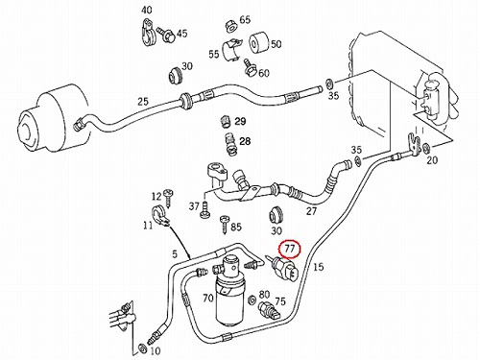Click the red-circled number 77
tap(289, 250)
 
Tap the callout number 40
tap(147, 11)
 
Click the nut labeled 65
tap(230, 25)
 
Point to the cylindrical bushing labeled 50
tap(259, 42)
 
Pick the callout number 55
tap(214, 54)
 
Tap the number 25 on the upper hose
tap(143, 102)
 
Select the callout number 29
tap(240, 121)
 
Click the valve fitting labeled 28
tap(229, 144)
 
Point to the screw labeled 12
tap(168, 198)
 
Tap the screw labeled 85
tap(226, 224)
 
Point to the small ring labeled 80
tap(252, 300)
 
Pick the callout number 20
tap(432, 159)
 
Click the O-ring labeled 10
tap(141, 348)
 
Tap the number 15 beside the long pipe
tap(318, 267)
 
